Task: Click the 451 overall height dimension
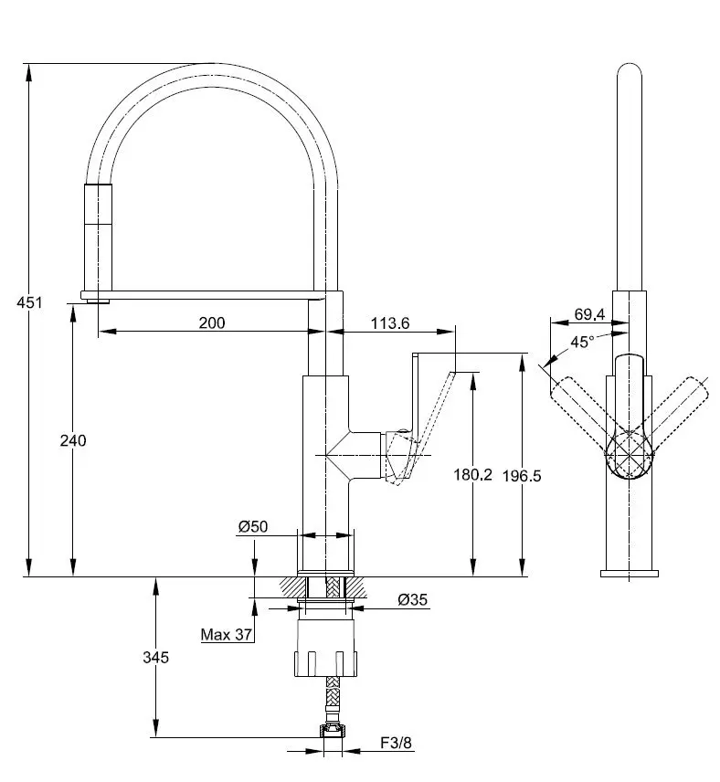tap(30, 302)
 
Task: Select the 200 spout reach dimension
tap(211, 322)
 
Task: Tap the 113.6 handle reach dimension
tap(390, 322)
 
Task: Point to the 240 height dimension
tap(72, 440)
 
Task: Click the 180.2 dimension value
tap(472, 474)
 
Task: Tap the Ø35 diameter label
tap(413, 600)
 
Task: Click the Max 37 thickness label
tap(227, 635)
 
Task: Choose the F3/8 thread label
tap(397, 744)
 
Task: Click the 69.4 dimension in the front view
tap(589, 314)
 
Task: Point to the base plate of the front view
tap(629, 573)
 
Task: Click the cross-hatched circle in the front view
tap(629, 451)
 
